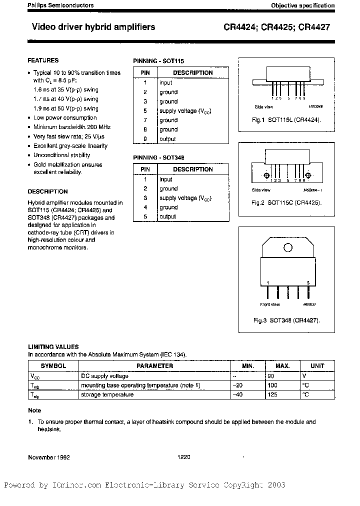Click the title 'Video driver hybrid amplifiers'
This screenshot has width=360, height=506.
coord(93,27)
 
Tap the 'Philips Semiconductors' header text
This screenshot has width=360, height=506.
coord(60,5)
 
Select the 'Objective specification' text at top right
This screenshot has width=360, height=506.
coord(302,5)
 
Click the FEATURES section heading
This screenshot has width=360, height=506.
coord(43,60)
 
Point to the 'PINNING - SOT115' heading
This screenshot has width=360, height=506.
coord(158,61)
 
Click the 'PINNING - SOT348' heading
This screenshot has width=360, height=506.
coord(158,157)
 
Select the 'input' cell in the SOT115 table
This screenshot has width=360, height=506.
coord(165,83)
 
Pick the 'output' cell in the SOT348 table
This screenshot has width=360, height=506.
coord(167,216)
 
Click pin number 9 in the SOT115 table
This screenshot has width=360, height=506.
coord(145,139)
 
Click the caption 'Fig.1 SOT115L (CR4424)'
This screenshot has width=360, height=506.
coord(286,120)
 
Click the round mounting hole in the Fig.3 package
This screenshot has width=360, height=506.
coord(288,247)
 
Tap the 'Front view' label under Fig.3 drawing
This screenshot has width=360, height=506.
coord(269,304)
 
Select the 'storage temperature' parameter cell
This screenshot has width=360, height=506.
coord(107,394)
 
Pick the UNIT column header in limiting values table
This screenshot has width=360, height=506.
coord(317,366)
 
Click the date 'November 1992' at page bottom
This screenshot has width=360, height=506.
coord(48,457)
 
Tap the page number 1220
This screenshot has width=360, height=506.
coord(184,457)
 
